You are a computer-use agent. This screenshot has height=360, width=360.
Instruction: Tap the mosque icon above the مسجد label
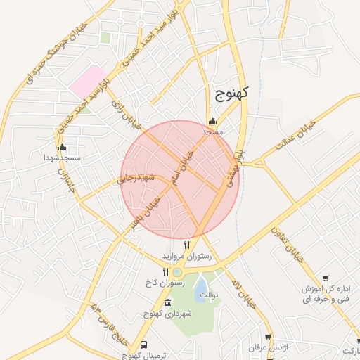[x=212, y=121]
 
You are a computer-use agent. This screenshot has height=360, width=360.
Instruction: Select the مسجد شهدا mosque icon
[x=62, y=148]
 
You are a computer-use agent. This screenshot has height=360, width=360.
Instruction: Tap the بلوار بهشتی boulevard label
[x=234, y=167]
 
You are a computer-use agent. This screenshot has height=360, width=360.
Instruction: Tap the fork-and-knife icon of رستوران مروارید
[x=186, y=245]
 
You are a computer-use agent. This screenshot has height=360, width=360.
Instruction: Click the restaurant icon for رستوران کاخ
[x=165, y=271]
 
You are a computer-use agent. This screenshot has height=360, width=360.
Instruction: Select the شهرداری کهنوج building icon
[x=167, y=302]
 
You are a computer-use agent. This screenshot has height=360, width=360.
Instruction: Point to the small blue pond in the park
[x=201, y=285]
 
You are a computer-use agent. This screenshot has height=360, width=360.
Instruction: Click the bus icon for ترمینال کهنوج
[x=144, y=345]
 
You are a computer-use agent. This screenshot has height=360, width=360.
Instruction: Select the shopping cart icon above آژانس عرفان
[x=268, y=337]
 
